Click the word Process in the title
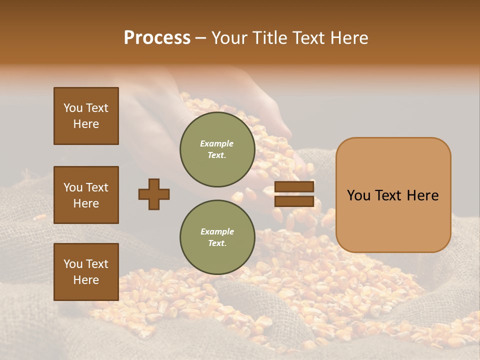pyautogui.click(x=157, y=38)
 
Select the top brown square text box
pyautogui.click(x=86, y=116)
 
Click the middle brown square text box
pyautogui.click(x=86, y=195)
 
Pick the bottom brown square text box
pyautogui.click(x=86, y=272)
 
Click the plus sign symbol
pyautogui.click(x=154, y=194)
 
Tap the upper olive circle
pyautogui.click(x=217, y=149)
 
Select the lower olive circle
pyautogui.click(x=217, y=237)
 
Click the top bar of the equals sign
pyautogui.click(x=294, y=186)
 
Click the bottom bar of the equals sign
pyautogui.click(x=294, y=201)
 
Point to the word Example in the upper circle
pyautogui.click(x=217, y=143)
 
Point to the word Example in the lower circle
pyautogui.click(x=217, y=231)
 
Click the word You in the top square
pyautogui.click(x=73, y=108)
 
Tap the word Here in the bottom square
pyautogui.click(x=86, y=280)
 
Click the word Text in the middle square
pyautogui.click(x=96, y=187)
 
